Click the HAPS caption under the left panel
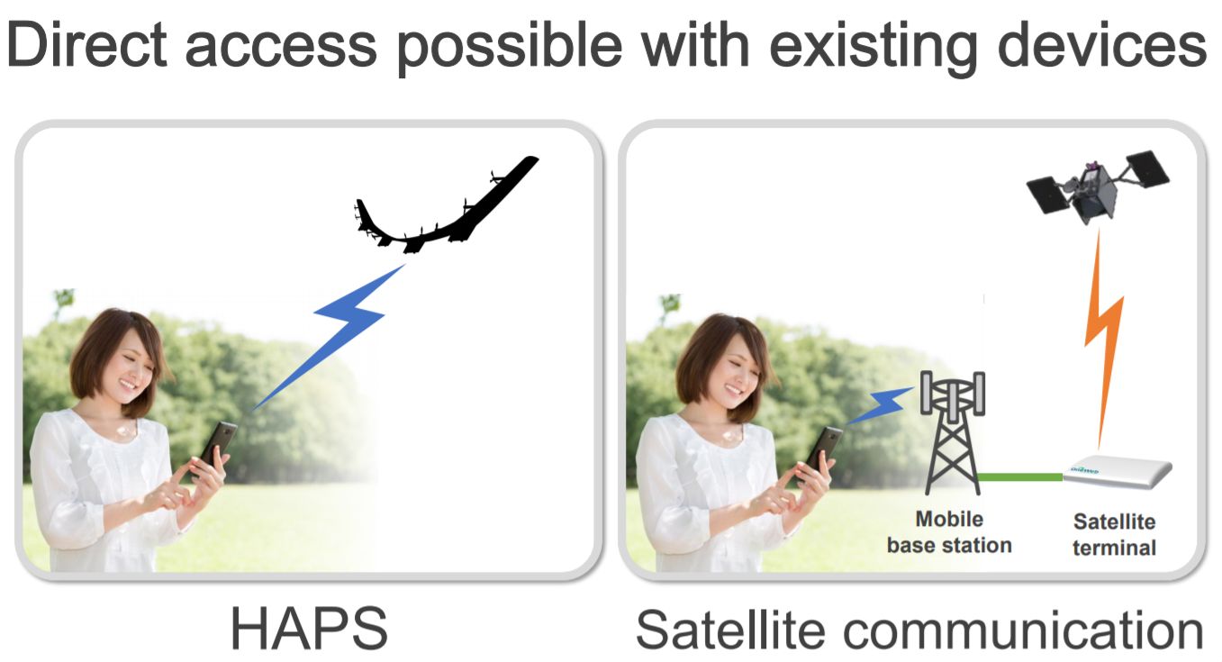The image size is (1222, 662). click(x=309, y=628)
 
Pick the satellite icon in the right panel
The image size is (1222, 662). click(x=1098, y=188)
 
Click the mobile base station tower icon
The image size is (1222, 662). click(x=953, y=432)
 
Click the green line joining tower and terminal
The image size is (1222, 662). click(x=1020, y=477)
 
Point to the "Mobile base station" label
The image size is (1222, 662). click(x=949, y=532)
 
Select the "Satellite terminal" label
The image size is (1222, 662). click(x=1114, y=534)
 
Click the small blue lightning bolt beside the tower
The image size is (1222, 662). click(x=880, y=405)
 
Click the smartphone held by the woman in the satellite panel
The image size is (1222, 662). click(x=824, y=450)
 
